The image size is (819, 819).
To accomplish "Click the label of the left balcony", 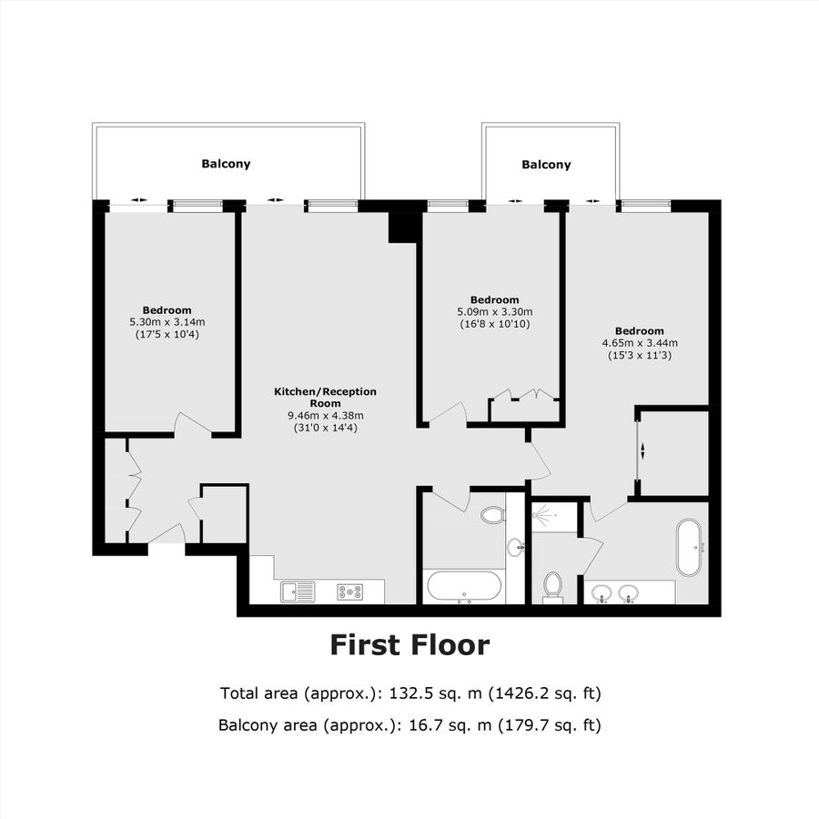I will (226, 165).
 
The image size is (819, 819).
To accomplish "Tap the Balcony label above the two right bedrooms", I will (546, 165).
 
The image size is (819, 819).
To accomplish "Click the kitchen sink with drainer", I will (298, 591).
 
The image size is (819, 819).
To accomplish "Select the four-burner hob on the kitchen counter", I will (349, 591).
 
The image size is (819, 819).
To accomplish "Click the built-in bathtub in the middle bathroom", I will (462, 587).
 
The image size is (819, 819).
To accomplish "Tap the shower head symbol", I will (545, 515).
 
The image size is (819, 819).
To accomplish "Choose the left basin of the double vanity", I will (601, 595).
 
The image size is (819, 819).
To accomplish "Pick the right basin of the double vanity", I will (627, 595).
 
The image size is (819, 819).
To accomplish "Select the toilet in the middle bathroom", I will (492, 515).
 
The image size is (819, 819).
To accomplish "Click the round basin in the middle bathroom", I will (516, 547).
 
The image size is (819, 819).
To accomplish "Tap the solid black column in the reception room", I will (401, 227).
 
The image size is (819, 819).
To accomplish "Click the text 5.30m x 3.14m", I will (167, 322).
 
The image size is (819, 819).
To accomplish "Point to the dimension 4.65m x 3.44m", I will (639, 343).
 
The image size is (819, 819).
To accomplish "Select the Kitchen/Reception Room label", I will (325, 398).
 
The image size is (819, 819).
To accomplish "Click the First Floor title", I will (409, 645).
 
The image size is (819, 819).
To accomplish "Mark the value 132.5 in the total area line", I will (414, 693).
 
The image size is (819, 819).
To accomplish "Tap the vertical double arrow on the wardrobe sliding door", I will (643, 450).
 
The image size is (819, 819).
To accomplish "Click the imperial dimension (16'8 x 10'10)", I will (494, 324).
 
